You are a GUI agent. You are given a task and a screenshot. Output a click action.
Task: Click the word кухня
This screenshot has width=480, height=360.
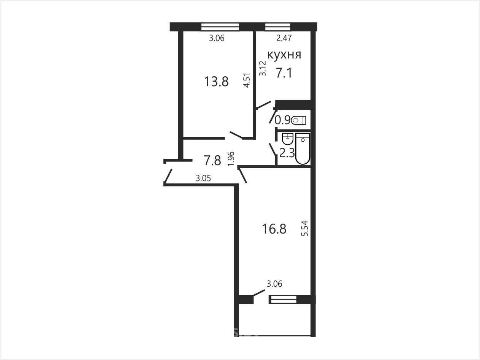pos(284,55)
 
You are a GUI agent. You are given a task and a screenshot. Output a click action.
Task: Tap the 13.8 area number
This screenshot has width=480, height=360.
pos(216,82)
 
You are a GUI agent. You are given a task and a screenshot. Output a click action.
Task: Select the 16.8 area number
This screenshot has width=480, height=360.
pos(274,229)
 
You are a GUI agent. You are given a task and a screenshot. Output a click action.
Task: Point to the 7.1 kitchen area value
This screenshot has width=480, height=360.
pos(284,73)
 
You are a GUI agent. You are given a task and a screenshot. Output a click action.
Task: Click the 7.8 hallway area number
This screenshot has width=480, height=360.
pos(212,161)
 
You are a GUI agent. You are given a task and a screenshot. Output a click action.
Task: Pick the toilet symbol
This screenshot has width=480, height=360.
pos(298,120)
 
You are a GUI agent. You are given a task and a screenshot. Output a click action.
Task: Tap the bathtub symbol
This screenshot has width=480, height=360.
pos(303,148)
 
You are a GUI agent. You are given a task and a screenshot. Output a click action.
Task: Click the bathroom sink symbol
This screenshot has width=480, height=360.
pos(288,139)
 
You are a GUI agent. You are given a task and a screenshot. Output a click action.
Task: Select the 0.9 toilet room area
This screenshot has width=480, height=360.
pos(282,120)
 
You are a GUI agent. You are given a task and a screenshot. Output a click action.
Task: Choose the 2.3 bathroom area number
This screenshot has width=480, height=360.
pos(287,153)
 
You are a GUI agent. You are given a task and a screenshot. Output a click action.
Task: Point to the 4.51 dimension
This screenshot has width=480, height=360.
pos(247,80)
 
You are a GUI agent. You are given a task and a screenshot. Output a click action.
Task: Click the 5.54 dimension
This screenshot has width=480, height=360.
pos(305,228)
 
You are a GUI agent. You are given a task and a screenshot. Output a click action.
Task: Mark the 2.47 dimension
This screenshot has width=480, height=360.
pos(284,38)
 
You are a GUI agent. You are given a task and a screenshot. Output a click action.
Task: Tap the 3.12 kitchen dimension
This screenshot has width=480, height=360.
pos(263,68)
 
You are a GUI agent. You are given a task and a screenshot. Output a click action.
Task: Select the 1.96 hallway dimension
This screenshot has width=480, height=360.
pos(231,159)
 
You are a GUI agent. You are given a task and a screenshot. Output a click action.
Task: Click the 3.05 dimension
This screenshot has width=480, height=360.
pos(203,178)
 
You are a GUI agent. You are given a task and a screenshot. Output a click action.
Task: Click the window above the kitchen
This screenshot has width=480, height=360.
pos(278,27)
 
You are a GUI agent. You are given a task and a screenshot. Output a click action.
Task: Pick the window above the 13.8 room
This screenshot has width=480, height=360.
pos(220,27)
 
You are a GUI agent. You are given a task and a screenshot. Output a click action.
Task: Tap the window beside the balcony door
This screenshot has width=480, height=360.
pos(284,299)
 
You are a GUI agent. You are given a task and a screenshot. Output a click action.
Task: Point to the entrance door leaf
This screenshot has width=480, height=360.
pos(168,175)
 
